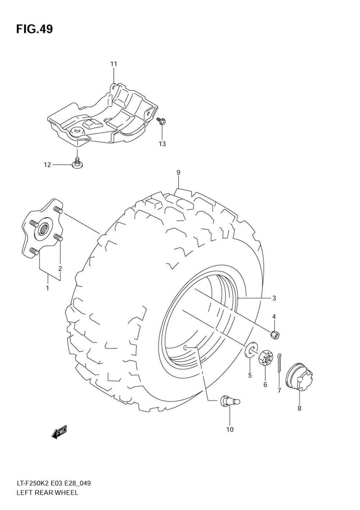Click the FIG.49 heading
(34, 29)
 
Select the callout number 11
(114, 64)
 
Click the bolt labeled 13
(162, 122)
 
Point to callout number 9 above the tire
(178, 172)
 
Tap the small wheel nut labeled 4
(275, 335)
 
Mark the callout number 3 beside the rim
(274, 298)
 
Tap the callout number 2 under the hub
(60, 268)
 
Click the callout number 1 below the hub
(47, 288)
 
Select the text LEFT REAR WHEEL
(47, 493)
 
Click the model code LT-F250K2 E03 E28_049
(53, 483)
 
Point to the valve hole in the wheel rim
(185, 347)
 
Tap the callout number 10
(230, 429)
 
